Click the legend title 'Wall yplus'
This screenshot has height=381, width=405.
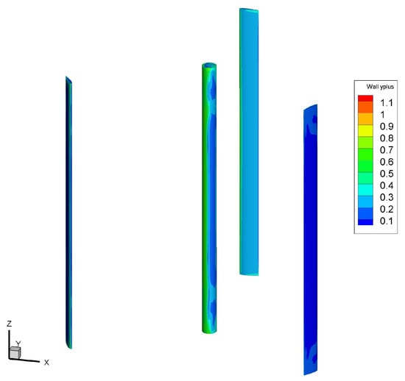point(380,87)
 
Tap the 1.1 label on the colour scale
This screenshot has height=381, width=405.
point(387,103)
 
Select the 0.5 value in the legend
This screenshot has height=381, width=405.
point(387,174)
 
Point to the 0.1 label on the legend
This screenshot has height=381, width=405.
point(387,221)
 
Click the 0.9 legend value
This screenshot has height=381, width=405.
point(387,127)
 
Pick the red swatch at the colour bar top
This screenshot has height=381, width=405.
point(365,99)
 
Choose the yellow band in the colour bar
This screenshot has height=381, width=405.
point(365,131)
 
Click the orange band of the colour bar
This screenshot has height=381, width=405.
point(365,107)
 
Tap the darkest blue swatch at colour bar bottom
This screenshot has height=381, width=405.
point(365,222)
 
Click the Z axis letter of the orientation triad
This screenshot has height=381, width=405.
point(10,324)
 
